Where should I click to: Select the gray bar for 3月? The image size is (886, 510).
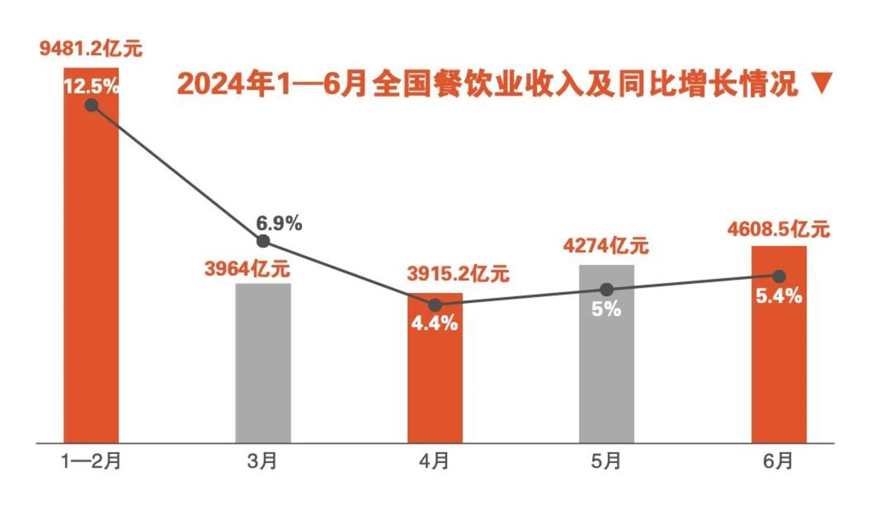[x=263, y=364]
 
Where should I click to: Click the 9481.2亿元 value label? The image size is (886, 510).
[x=91, y=49]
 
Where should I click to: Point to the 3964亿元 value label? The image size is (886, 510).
[x=247, y=269]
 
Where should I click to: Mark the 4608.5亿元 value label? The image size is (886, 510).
[x=778, y=229]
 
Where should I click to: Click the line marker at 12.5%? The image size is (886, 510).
[x=91, y=105]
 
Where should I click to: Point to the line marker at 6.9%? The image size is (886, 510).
[x=263, y=241]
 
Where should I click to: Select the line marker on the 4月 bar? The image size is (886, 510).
[x=435, y=305]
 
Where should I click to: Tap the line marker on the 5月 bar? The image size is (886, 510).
[x=607, y=290]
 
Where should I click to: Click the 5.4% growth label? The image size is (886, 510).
[x=779, y=295]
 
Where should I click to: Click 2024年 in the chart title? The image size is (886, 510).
[x=218, y=86]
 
